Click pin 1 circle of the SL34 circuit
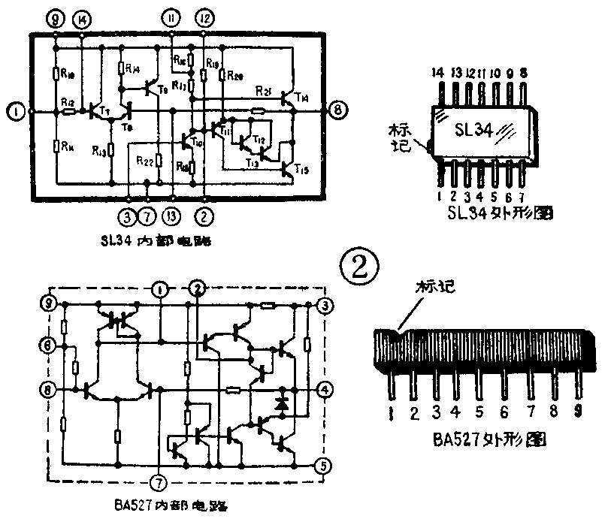click(x=14, y=112)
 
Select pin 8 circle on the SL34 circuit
click(x=339, y=111)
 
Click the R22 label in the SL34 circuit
click(x=145, y=160)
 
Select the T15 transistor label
click(x=301, y=170)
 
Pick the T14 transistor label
click(x=301, y=97)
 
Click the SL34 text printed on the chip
click(x=474, y=131)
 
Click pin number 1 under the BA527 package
click(x=392, y=412)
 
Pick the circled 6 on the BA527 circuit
click(x=47, y=345)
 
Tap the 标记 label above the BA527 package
click(x=437, y=287)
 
